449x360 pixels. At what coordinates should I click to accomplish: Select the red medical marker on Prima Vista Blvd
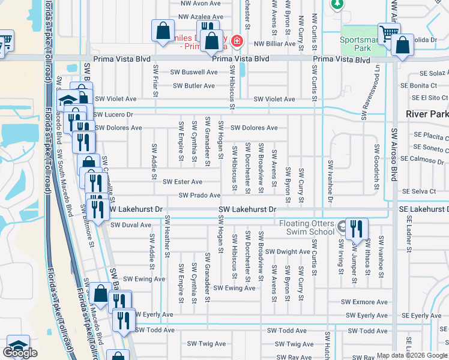tap(238, 41)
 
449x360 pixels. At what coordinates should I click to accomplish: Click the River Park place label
tap(427, 114)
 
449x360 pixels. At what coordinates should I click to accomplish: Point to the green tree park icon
tap(337, 4)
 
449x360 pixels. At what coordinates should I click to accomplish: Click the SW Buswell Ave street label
tap(194, 72)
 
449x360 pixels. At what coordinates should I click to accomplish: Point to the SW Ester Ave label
tap(182, 182)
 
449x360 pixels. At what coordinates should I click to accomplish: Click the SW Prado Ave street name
tap(199, 196)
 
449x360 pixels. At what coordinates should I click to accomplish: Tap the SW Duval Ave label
tap(131, 225)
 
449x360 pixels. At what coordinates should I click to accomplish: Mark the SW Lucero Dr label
tap(113, 114)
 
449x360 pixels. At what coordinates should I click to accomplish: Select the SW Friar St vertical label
tap(155, 81)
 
